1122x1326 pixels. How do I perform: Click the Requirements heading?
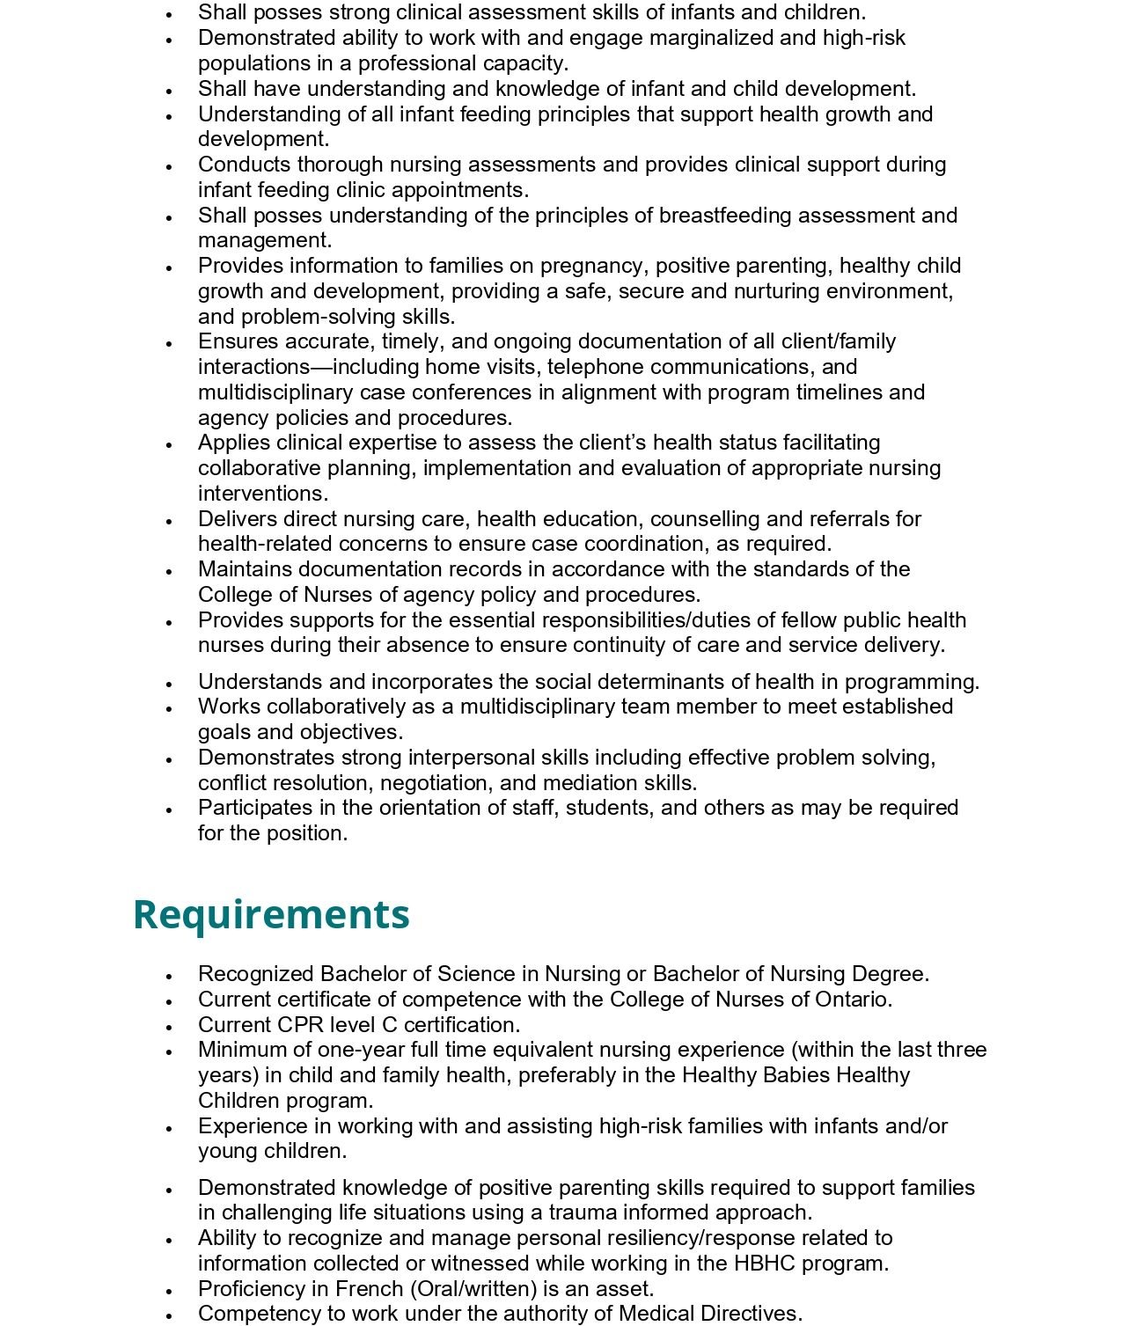(x=271, y=914)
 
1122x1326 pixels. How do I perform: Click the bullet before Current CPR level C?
(x=168, y=1027)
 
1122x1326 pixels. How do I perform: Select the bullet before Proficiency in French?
(x=168, y=1291)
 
